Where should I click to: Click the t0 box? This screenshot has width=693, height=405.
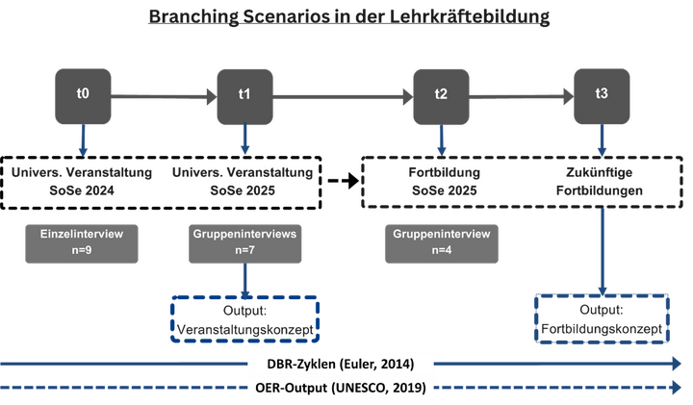click(83, 94)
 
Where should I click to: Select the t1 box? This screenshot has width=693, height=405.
click(244, 94)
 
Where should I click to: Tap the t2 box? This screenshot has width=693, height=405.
click(441, 94)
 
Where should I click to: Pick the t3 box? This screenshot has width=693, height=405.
click(602, 94)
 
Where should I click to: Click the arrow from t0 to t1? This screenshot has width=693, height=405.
click(164, 94)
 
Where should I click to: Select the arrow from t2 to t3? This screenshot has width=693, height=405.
click(521, 94)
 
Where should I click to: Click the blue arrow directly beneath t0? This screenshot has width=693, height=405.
click(83, 140)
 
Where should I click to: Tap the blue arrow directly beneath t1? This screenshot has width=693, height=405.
click(244, 140)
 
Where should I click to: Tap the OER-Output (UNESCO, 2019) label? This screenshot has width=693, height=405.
click(342, 390)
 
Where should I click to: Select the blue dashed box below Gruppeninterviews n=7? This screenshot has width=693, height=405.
click(244, 319)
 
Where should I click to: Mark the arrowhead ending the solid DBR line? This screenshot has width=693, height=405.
click(678, 364)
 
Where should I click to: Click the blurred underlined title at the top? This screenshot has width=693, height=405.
click(346, 16)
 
